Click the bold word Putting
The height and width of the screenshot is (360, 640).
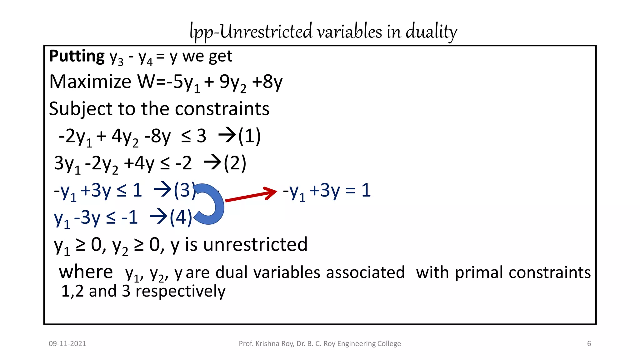[77, 57]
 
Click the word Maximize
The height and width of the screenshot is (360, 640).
[90, 82]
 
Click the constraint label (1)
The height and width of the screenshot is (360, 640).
[249, 136]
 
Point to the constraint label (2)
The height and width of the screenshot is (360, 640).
[235, 163]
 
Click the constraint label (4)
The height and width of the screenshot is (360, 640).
[181, 217]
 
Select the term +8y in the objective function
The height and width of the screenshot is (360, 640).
[267, 82]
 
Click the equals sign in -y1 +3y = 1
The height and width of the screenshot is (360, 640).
[350, 191]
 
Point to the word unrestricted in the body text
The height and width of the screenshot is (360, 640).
[255, 245]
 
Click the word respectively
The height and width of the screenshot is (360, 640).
[180, 291]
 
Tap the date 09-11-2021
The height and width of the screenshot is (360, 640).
[67, 344]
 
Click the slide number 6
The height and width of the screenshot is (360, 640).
[589, 344]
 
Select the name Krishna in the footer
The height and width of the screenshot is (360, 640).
[267, 344]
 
